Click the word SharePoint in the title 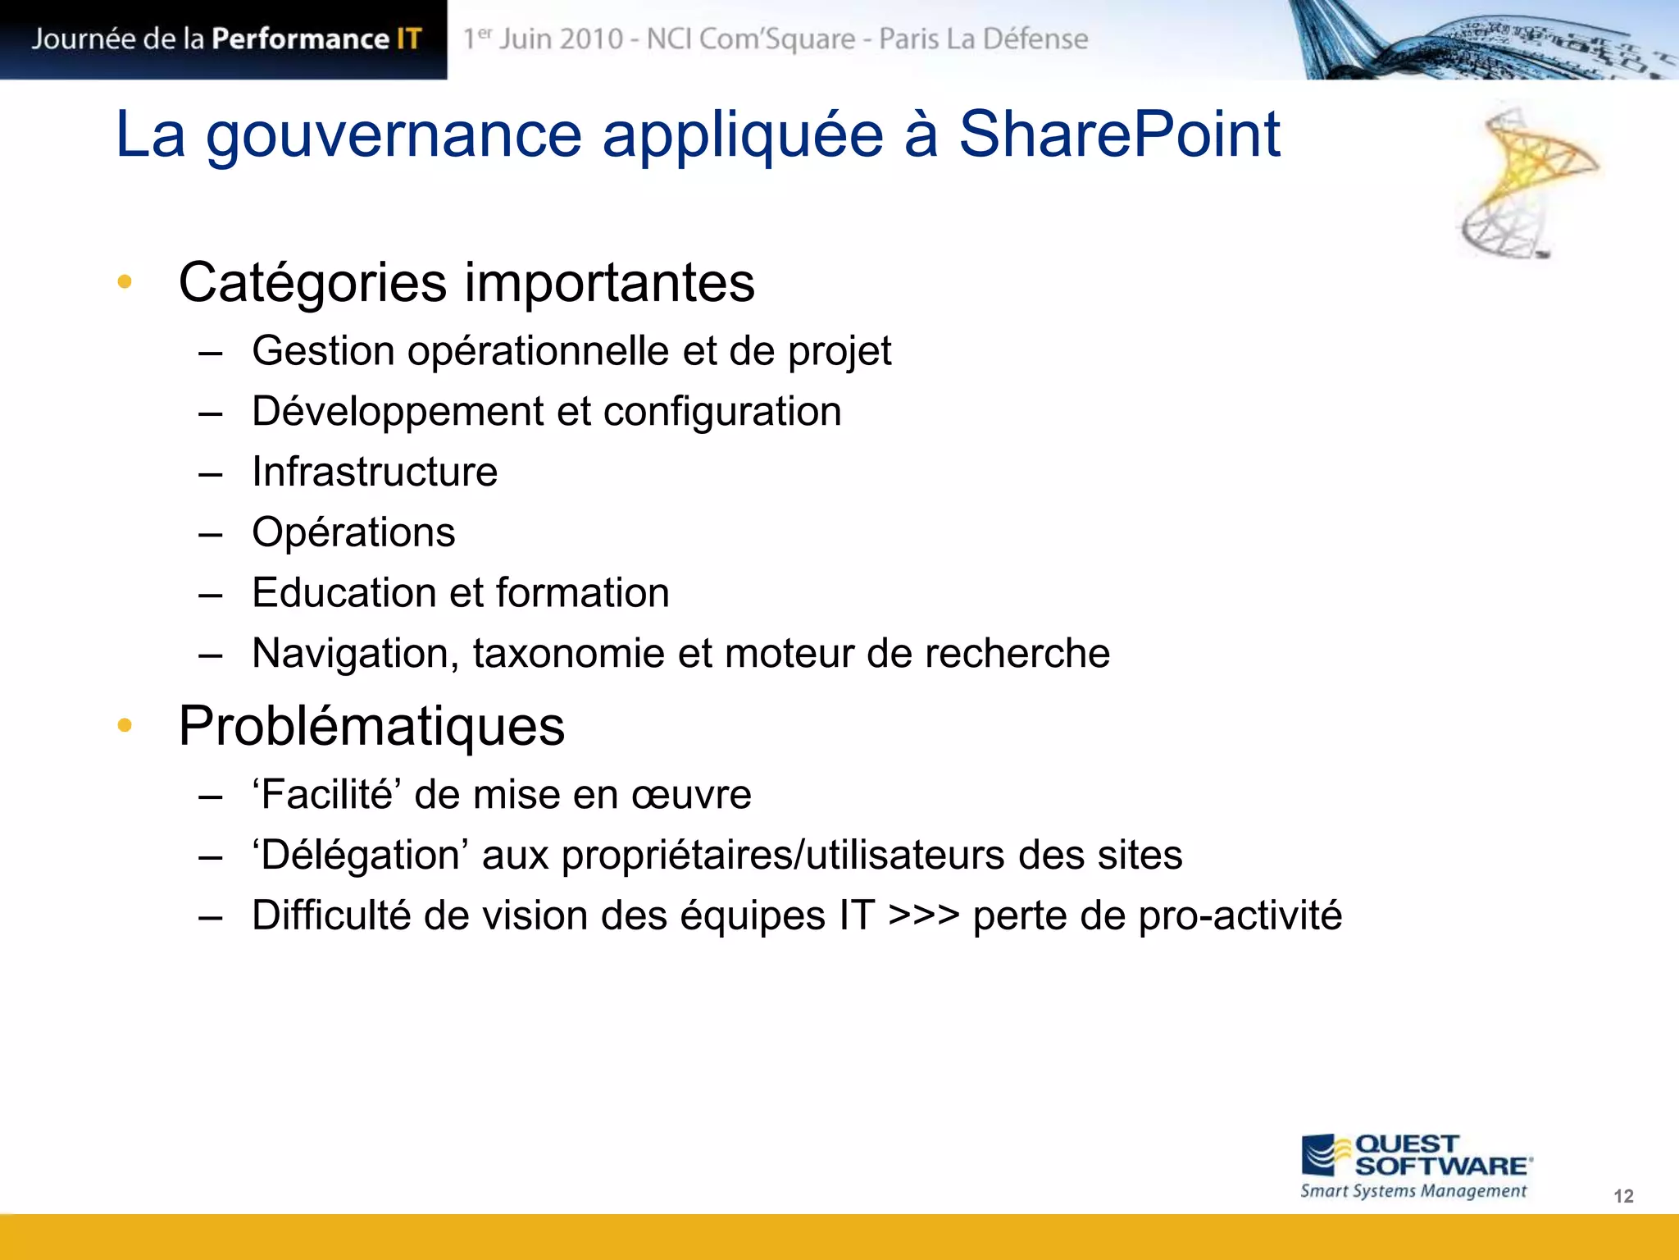point(1119,135)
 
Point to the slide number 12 point(1623,1196)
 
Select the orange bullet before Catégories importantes point(125,282)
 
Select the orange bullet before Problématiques point(125,725)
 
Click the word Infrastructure point(375,472)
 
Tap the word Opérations point(353,532)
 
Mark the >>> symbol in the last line point(924,916)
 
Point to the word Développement point(398,412)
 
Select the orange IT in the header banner point(408,39)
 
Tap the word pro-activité point(1240,916)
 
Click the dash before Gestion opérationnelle point(211,353)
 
